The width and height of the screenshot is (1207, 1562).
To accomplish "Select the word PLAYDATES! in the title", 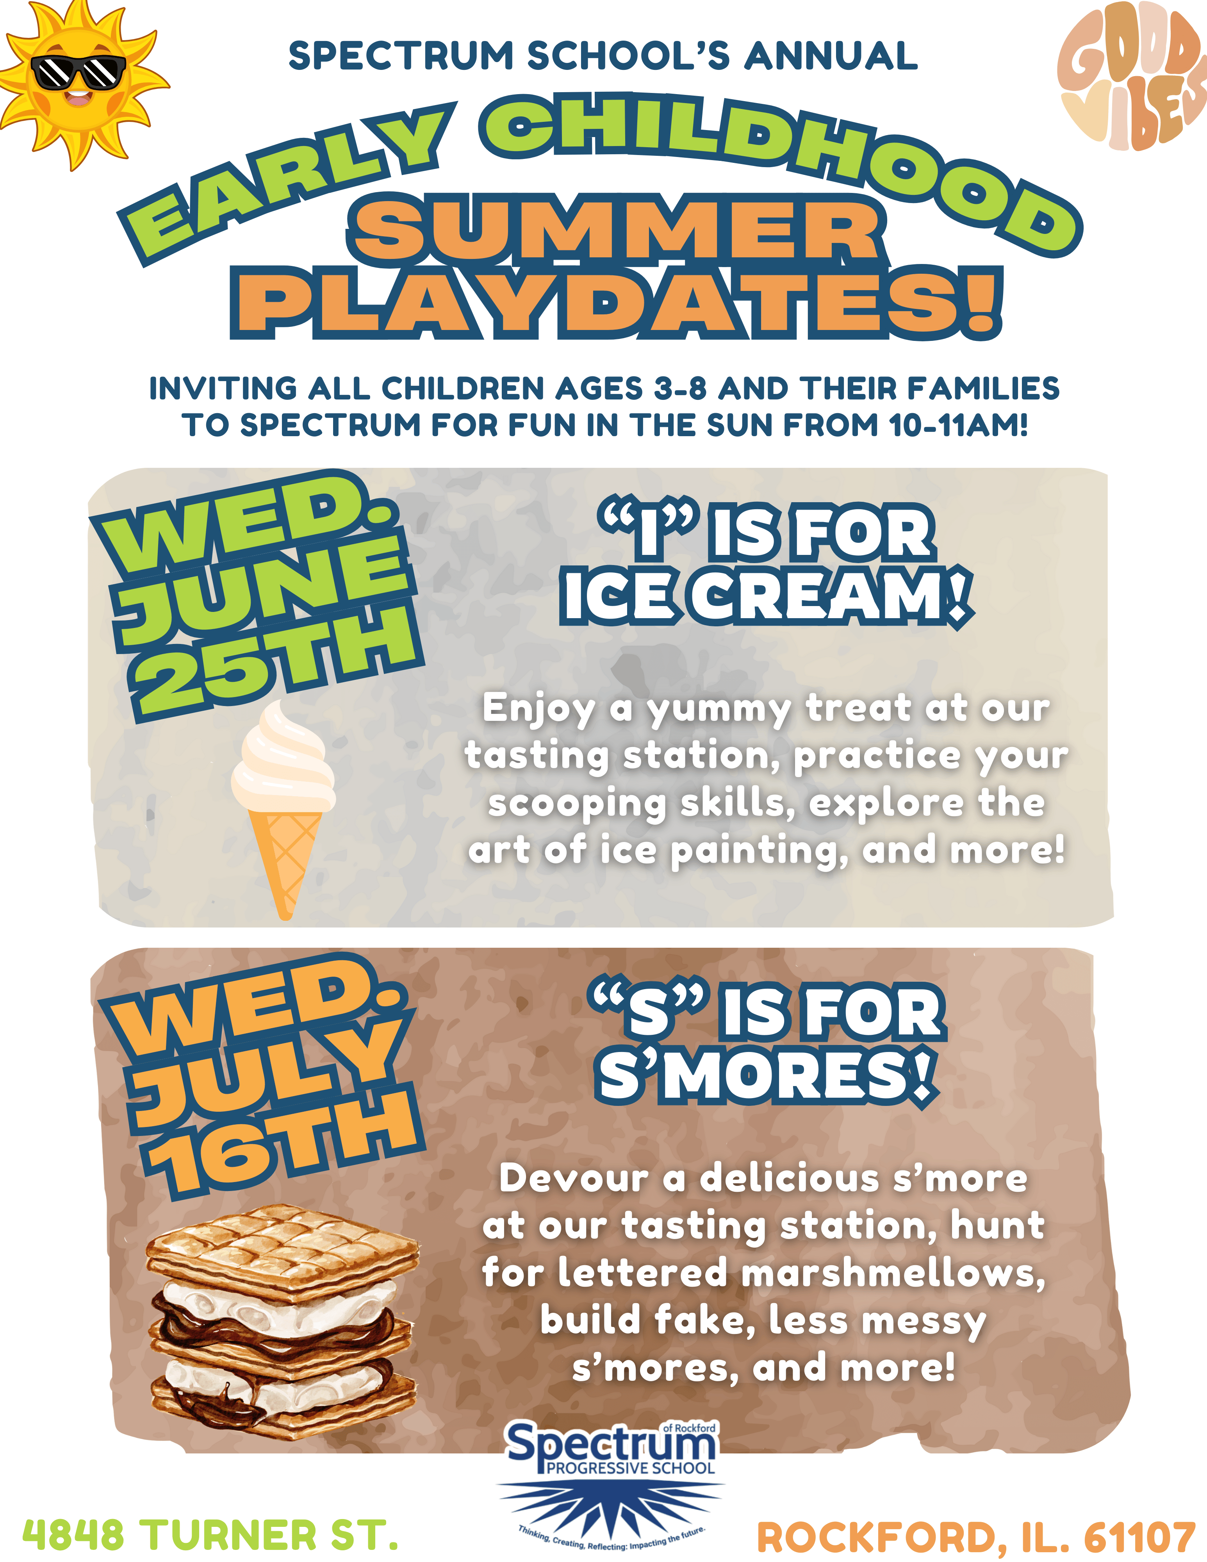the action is [616, 303].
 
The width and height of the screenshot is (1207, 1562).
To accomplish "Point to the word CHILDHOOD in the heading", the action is [779, 164].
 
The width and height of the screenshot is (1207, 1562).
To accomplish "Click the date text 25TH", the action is [275, 662].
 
